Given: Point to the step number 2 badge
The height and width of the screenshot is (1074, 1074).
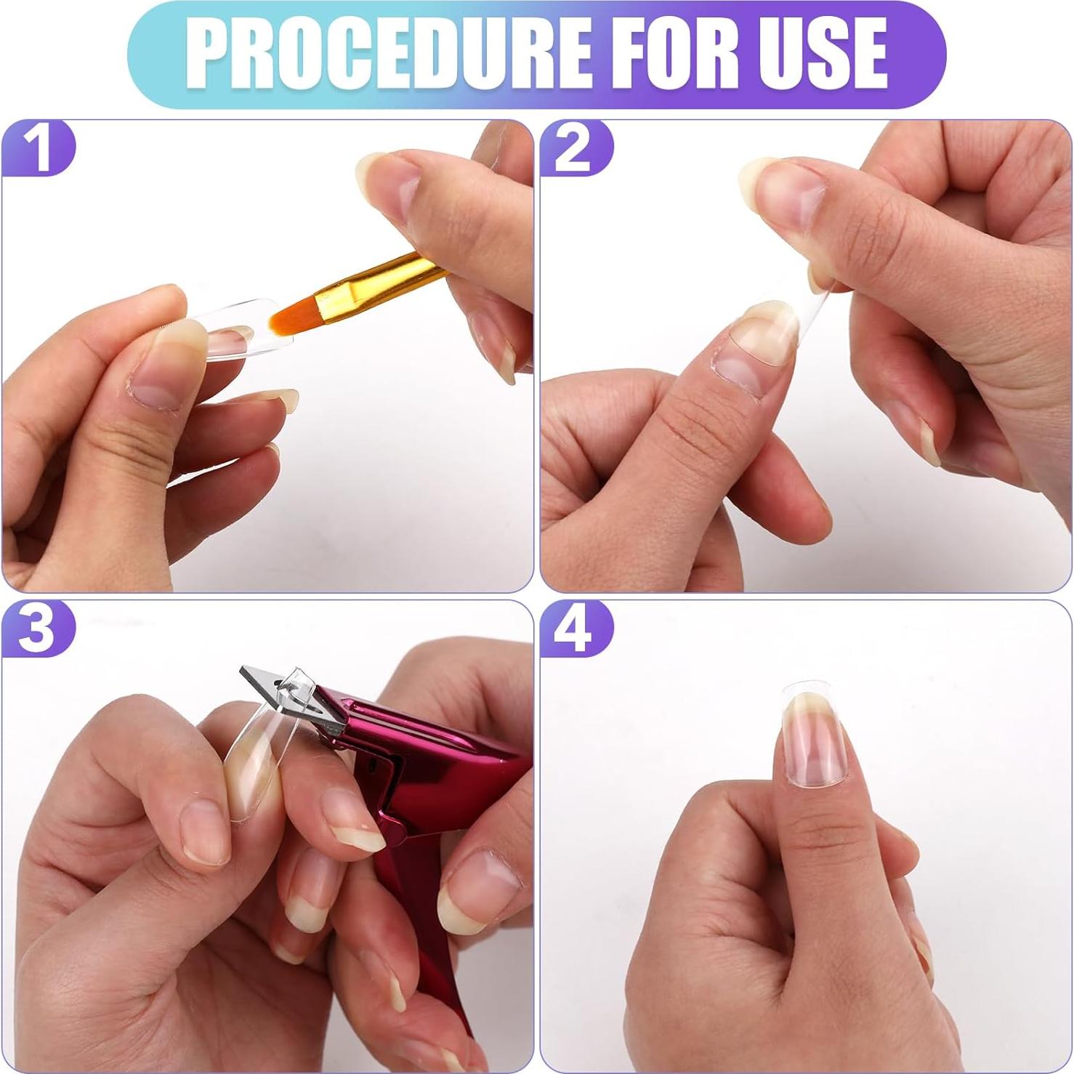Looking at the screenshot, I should (574, 148).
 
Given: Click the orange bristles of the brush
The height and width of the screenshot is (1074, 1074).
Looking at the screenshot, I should (294, 317).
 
